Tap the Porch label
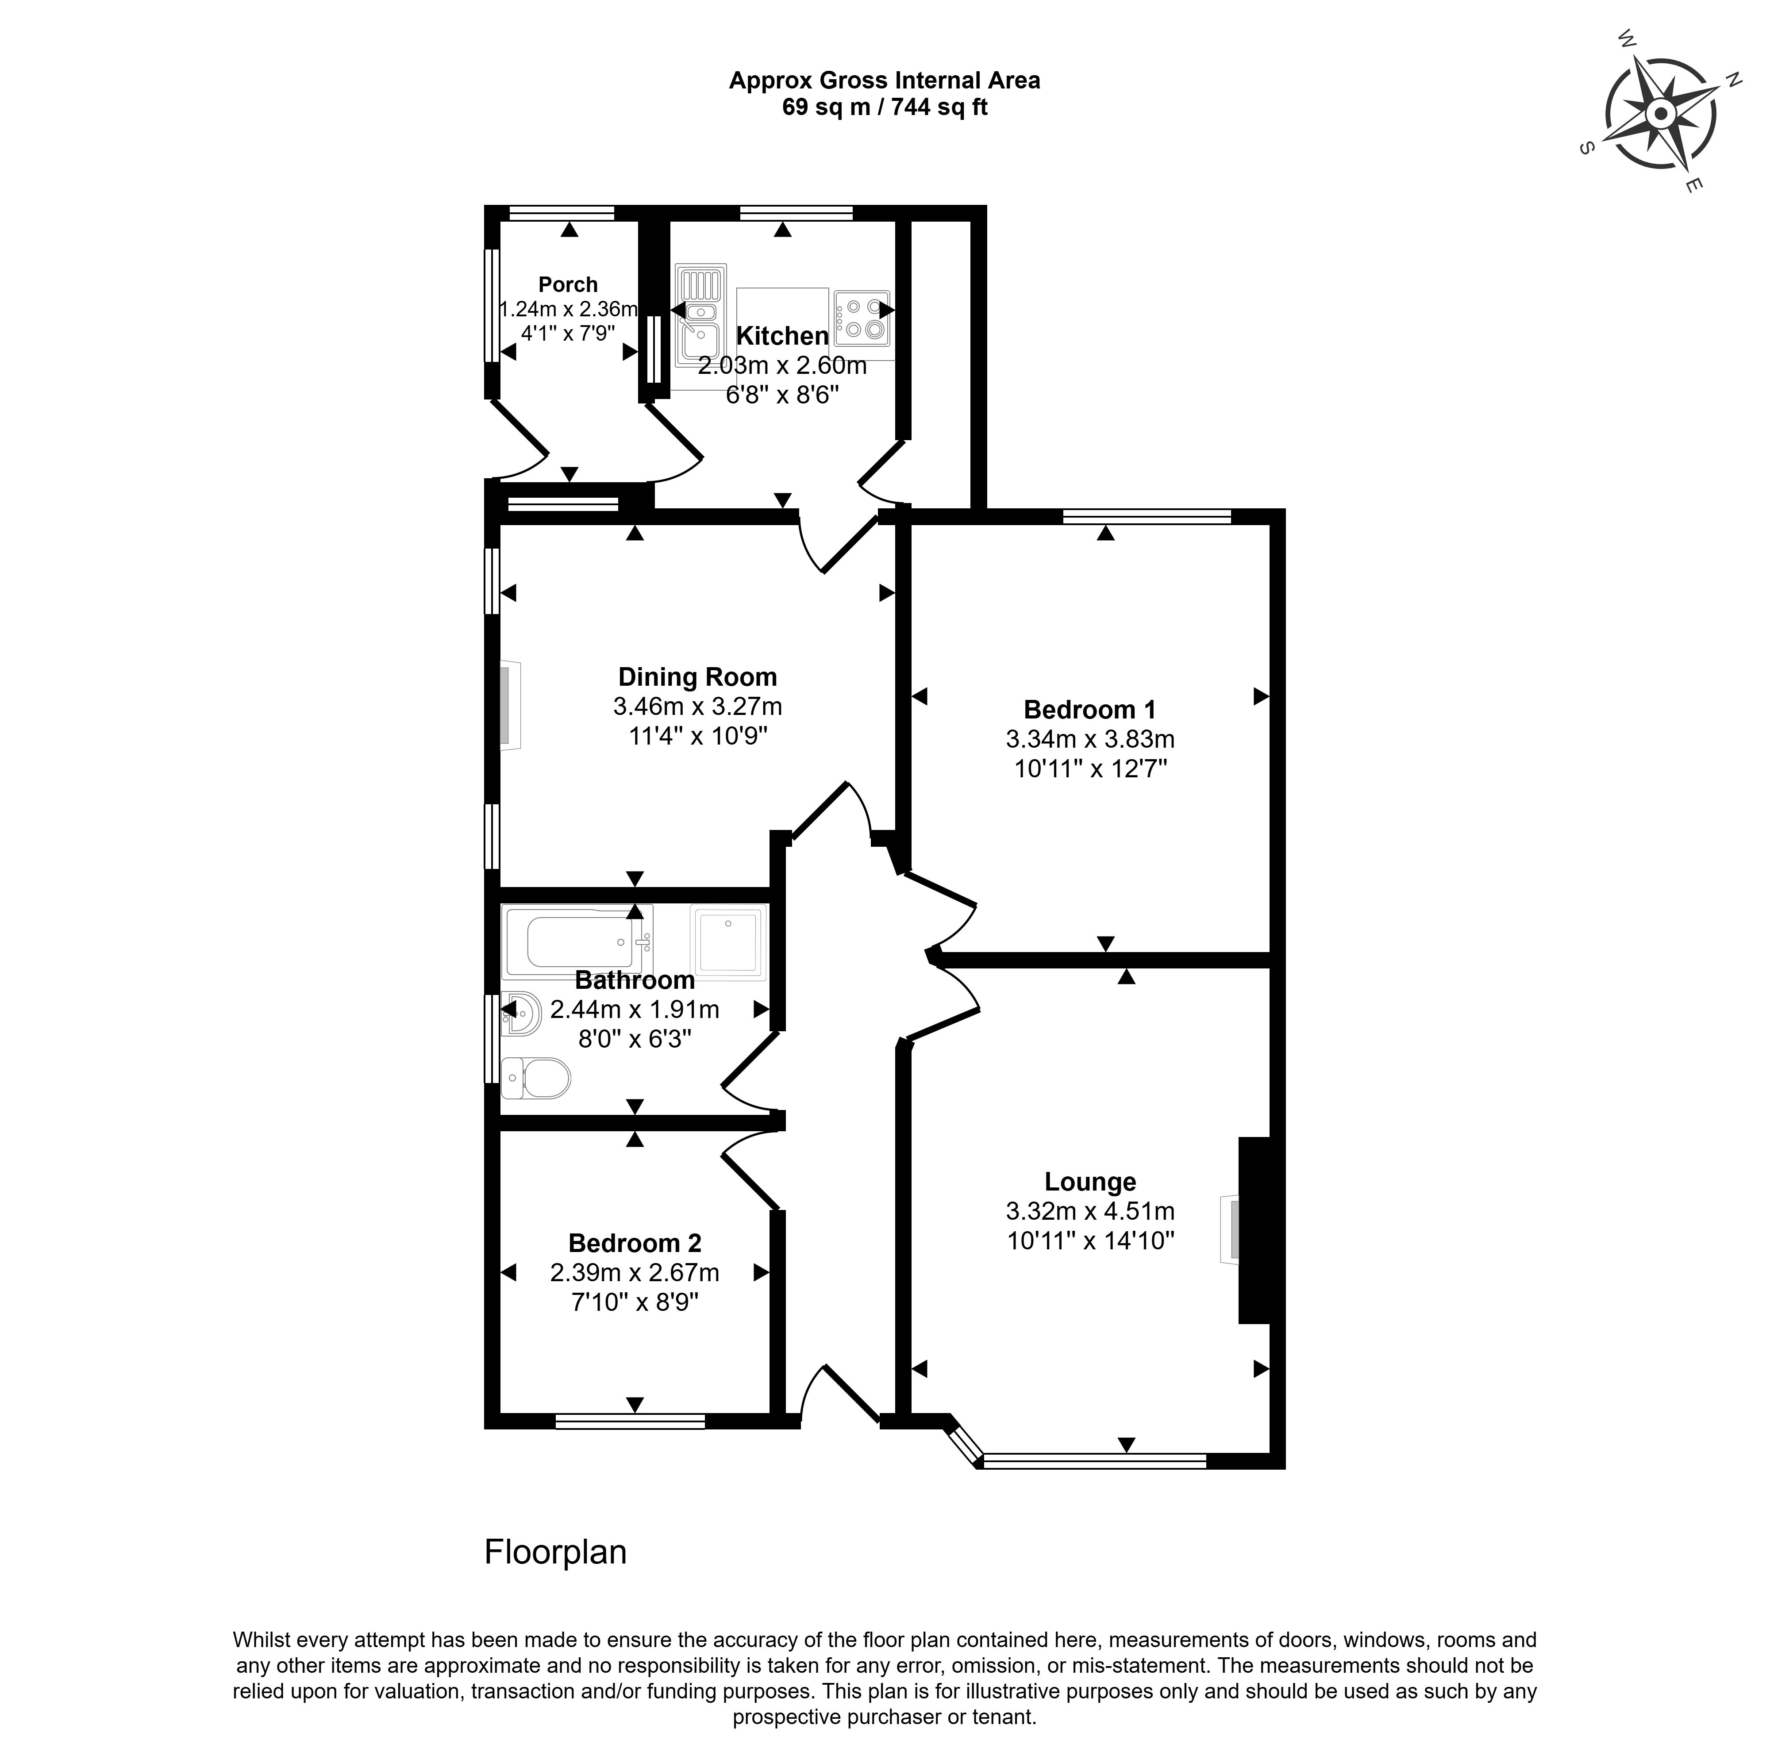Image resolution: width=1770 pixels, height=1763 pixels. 568,285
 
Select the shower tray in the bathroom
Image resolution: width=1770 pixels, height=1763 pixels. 729,942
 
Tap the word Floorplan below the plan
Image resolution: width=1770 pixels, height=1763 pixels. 555,1552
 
